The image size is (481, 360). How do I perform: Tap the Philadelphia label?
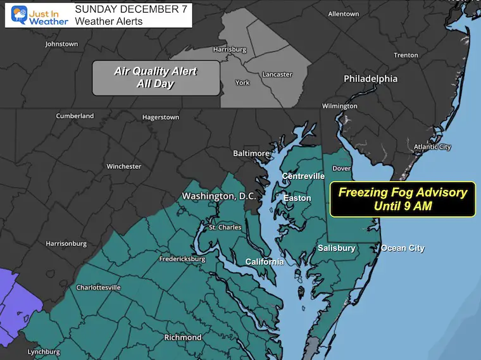[370, 79]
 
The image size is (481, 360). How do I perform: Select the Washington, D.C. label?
[219, 196]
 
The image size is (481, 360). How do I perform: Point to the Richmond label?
[182, 337]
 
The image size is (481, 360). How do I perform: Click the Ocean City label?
[403, 248]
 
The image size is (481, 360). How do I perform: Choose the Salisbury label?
[336, 248]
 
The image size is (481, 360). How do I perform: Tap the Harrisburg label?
[230, 49]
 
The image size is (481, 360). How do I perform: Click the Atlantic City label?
[432, 147]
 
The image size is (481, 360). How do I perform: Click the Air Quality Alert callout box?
[156, 77]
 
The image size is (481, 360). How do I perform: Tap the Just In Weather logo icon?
[19, 16]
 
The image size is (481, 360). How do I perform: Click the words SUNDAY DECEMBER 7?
[125, 9]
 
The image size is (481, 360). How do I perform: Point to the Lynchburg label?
[44, 352]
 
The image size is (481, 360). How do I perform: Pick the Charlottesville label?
[98, 287]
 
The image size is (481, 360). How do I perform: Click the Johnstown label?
[61, 44]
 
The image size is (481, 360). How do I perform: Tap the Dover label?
[342, 168]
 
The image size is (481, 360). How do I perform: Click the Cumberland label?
[75, 116]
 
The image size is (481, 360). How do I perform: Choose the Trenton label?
[406, 56]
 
